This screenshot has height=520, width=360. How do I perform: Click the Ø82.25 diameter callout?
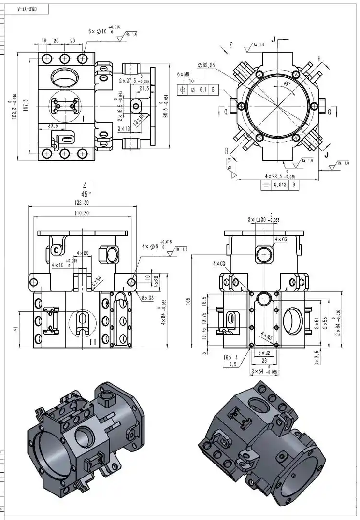click(207, 65)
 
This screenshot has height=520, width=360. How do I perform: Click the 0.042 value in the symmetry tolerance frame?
click(281, 184)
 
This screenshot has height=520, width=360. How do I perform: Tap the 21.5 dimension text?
click(144, 89)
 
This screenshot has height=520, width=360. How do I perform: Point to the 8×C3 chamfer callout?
click(148, 298)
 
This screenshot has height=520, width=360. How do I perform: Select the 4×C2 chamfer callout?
click(219, 263)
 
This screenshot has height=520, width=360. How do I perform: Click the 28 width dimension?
click(263, 360)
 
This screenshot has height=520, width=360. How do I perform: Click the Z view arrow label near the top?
click(230, 45)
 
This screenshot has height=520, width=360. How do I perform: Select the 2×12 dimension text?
click(124, 129)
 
